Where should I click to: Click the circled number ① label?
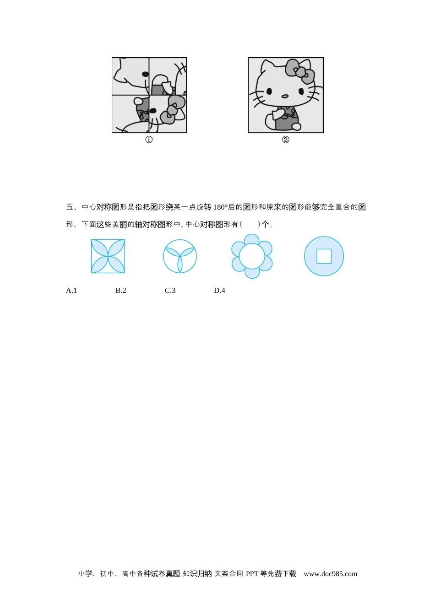tap(149, 140)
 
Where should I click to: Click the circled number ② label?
tap(286, 140)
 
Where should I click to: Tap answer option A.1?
tap(71, 291)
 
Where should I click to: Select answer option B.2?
tap(121, 291)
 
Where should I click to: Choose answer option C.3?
tap(170, 291)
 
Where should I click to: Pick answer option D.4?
tap(220, 291)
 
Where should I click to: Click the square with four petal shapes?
tap(108, 256)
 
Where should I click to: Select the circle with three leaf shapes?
tap(180, 256)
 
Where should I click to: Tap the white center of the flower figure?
tap(252, 256)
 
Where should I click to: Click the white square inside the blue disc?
tap(324, 256)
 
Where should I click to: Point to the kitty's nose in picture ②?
tap(285, 97)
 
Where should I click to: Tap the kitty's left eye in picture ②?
tap(270, 91)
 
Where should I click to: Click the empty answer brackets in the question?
tap(250, 225)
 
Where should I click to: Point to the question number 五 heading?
tap(70, 207)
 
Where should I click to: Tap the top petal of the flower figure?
tap(252, 239)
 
